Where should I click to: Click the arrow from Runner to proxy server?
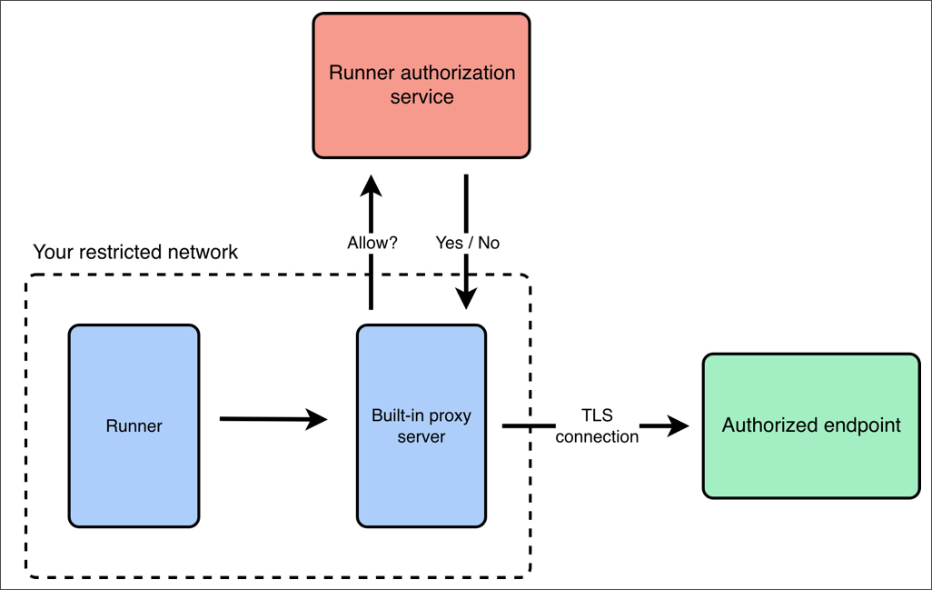point(273,419)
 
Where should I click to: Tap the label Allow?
point(372,244)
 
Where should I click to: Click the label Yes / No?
point(467,244)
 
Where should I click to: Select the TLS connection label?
point(597,426)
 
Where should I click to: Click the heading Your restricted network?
point(135,252)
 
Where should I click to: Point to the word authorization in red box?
point(460,73)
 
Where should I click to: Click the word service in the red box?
point(421,96)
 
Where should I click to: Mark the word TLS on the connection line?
point(597,416)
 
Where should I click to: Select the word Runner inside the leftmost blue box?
point(134,426)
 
